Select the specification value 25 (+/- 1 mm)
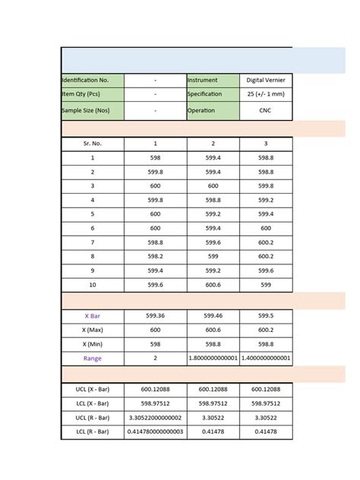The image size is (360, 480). coord(266,94)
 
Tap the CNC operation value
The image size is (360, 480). coord(266,110)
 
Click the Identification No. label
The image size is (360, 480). coord(91,79)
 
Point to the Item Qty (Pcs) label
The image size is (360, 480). coord(91,94)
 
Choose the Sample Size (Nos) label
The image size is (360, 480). coord(91,110)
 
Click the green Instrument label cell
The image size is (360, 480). coord(213,79)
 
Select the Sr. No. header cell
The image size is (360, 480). coord(92,143)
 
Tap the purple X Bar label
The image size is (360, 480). coord(92,315)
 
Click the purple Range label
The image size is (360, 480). coord(92,358)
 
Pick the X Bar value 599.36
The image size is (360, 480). coord(156,315)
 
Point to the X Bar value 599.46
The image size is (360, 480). coord(213,315)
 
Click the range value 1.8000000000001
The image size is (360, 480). coord(213,358)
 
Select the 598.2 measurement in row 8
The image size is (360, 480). coord(156,257)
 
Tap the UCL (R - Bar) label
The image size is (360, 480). coord(92,418)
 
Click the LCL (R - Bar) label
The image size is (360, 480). coord(92,432)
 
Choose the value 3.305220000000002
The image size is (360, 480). coord(156,418)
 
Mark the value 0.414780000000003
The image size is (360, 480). coord(156,432)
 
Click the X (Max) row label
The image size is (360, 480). coord(92,330)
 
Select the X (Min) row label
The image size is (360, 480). coord(92,343)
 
